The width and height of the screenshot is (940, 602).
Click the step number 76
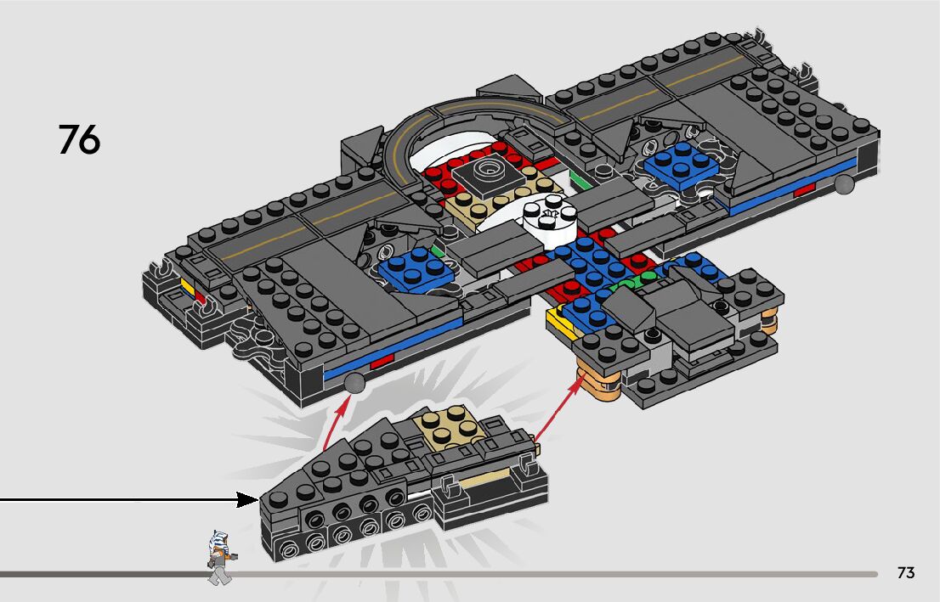tap(79, 140)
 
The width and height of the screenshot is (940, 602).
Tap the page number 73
tap(906, 573)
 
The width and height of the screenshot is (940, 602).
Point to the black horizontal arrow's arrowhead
tap(248, 499)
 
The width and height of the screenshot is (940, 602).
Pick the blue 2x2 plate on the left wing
tap(416, 267)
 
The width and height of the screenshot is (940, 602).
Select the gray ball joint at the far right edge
tap(843, 184)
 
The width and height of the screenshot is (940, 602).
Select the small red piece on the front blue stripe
tap(382, 362)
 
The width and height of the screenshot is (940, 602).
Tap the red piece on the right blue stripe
tap(804, 191)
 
